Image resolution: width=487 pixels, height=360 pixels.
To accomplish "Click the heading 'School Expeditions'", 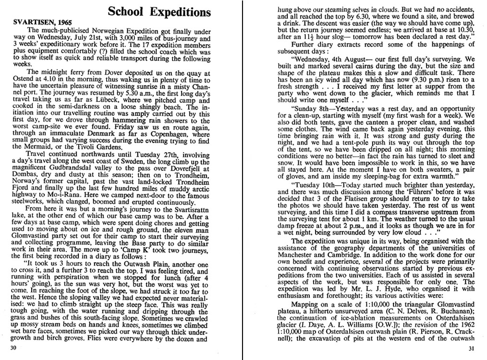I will (x=158, y=11).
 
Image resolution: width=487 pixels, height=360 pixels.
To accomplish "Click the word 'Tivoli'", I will (x=85, y=146).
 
